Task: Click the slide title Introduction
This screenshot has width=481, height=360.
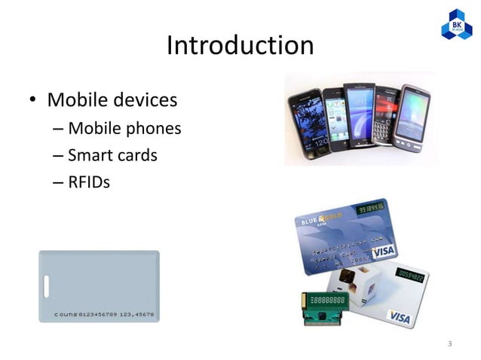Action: click(x=240, y=46)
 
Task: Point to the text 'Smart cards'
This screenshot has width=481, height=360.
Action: click(x=112, y=155)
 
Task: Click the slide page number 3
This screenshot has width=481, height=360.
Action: click(x=449, y=345)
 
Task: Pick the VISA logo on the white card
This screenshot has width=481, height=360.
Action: click(x=399, y=319)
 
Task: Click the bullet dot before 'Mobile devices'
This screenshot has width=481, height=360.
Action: click(x=34, y=101)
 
